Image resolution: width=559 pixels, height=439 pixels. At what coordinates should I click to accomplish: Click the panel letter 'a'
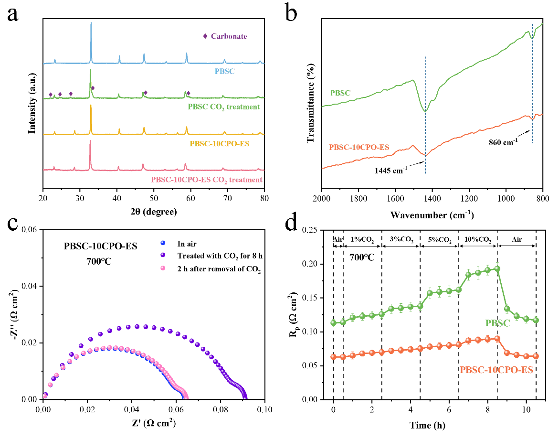point(13,14)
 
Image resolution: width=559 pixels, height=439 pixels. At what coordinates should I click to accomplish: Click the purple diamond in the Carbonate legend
point(205,36)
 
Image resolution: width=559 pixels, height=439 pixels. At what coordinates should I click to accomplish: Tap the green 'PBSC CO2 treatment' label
point(224,107)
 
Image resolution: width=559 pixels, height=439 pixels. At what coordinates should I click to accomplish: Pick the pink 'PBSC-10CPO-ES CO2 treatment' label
point(207,180)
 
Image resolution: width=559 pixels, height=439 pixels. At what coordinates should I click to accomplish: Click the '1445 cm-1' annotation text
point(388,169)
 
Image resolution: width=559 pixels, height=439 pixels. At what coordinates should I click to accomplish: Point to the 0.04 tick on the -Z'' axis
point(29,286)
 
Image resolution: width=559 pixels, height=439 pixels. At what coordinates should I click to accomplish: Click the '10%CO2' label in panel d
point(477,239)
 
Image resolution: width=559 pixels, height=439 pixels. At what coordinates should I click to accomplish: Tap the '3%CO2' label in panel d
point(400,239)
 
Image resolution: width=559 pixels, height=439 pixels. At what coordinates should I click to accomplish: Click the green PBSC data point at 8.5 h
point(497,268)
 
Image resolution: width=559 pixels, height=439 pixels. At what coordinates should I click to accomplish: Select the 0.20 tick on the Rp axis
point(316,264)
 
